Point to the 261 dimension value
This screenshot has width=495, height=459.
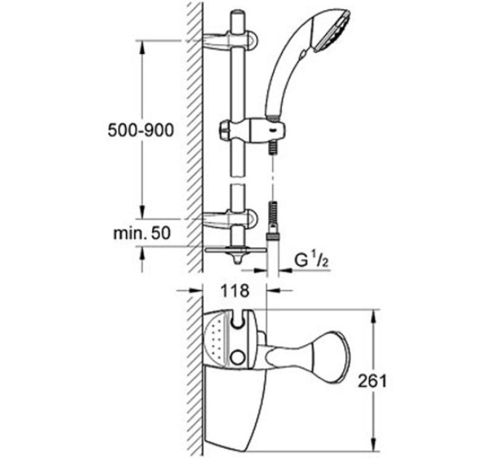pos(372,380)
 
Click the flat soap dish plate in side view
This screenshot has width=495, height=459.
pos(231,248)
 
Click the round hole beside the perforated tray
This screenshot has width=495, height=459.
pos(239,358)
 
